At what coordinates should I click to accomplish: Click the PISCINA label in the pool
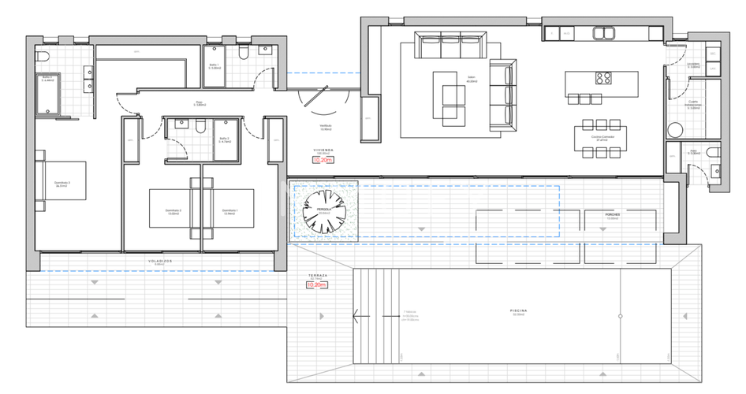tap(518, 311)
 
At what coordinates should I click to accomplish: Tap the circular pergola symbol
tap(325, 210)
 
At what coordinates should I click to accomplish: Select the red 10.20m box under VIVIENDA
tap(323, 159)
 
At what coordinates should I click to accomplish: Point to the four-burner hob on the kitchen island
tap(604, 78)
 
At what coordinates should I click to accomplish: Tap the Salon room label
tap(472, 80)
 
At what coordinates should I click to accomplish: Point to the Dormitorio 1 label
tap(229, 210)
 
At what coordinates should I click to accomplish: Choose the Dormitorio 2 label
tap(173, 210)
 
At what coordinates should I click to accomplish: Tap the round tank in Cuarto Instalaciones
tap(675, 130)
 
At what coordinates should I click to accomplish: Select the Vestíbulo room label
tap(324, 126)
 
